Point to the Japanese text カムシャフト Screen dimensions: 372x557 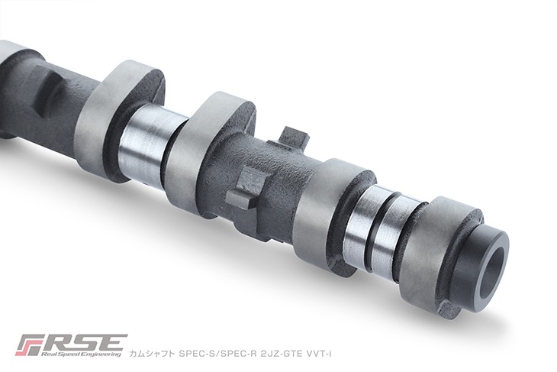tap(152, 354)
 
